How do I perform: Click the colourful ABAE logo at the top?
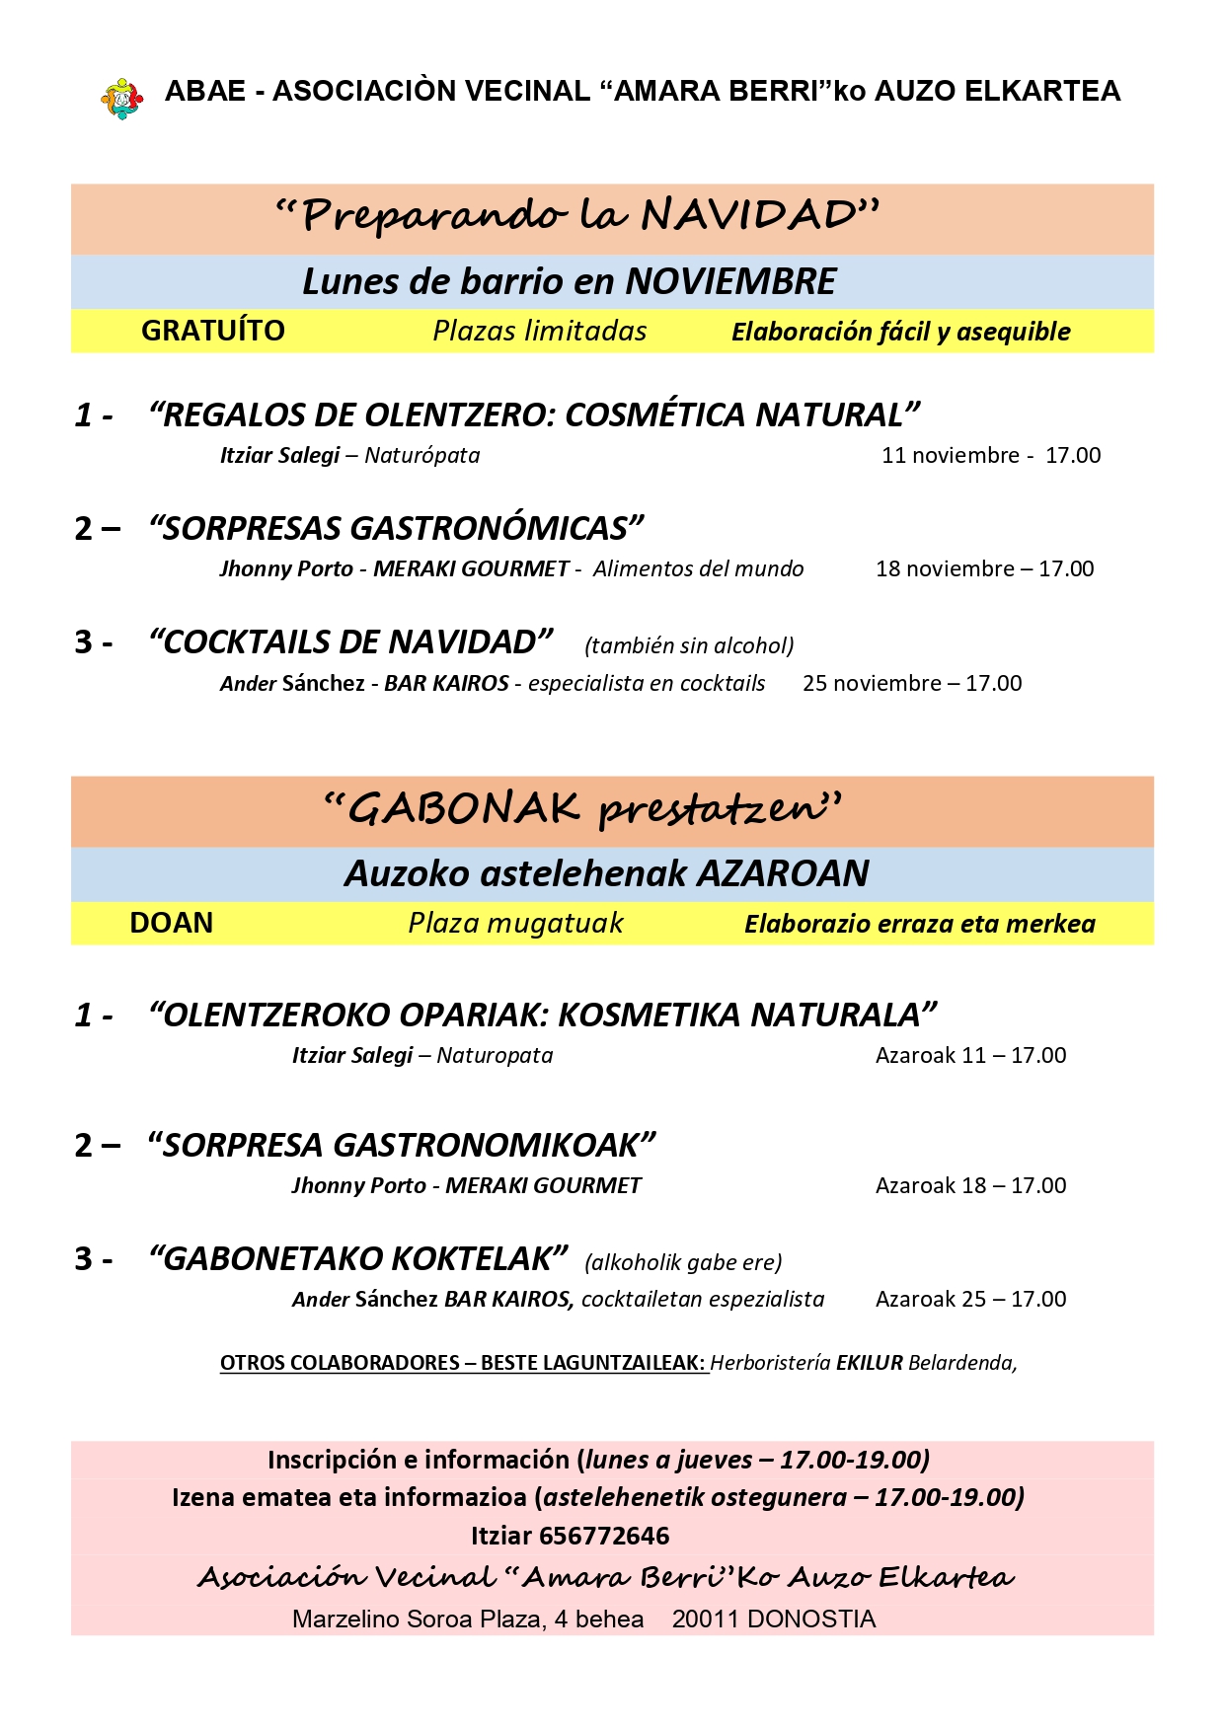121,99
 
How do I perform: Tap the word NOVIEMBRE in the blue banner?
730,282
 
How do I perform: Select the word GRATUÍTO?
212,331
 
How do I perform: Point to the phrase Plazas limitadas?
539,331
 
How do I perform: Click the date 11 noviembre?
950,456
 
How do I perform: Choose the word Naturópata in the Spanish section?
422,456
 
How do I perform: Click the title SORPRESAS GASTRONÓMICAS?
396,529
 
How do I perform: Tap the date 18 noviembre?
945,569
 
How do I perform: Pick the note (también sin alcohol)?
689,645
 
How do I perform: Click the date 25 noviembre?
872,684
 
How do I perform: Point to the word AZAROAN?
783,873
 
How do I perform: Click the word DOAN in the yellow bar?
171,923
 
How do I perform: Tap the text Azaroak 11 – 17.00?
970,1056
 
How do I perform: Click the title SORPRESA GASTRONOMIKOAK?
401,1146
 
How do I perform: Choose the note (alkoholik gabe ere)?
683,1262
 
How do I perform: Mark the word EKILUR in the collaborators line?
869,1364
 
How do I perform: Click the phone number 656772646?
604,1537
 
